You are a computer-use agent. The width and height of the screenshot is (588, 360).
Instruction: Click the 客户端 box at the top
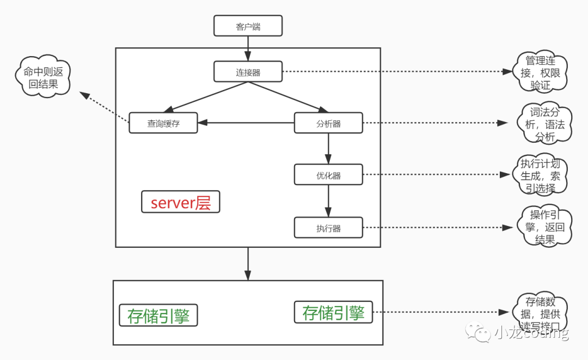(x=248, y=26)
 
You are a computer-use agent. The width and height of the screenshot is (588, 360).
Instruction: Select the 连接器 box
(x=248, y=72)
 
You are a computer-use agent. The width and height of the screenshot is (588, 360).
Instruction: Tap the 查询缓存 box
(x=163, y=123)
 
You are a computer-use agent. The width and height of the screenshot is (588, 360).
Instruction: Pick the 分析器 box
(x=328, y=123)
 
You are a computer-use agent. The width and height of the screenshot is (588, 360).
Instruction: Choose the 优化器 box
(x=328, y=175)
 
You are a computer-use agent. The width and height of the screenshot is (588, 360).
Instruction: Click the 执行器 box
(x=328, y=228)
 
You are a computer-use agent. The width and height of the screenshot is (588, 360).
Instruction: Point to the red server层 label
(x=180, y=202)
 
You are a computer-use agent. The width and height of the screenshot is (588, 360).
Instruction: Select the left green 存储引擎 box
(x=158, y=315)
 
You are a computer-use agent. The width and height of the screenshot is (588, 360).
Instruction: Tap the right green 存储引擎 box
(x=333, y=313)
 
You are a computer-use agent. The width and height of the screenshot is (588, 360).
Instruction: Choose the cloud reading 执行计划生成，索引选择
(x=541, y=175)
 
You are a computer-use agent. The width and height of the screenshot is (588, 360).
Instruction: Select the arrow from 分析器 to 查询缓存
(x=246, y=123)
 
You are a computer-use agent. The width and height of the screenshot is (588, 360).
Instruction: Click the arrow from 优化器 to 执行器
(x=328, y=201)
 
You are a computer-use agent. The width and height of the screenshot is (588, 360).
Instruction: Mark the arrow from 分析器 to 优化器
(x=328, y=148)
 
